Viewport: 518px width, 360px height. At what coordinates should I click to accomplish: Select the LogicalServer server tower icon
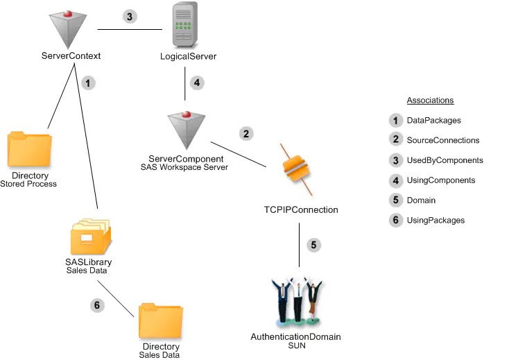[185, 26]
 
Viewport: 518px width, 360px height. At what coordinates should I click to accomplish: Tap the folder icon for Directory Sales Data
[161, 320]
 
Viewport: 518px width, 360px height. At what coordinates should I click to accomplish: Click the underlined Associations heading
[430, 100]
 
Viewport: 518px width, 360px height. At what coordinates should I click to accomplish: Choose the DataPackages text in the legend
[435, 120]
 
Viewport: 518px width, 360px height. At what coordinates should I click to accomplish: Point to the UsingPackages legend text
[435, 221]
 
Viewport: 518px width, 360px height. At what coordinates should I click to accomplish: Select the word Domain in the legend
[422, 200]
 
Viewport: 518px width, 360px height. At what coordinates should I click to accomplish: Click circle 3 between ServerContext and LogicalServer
[129, 17]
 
